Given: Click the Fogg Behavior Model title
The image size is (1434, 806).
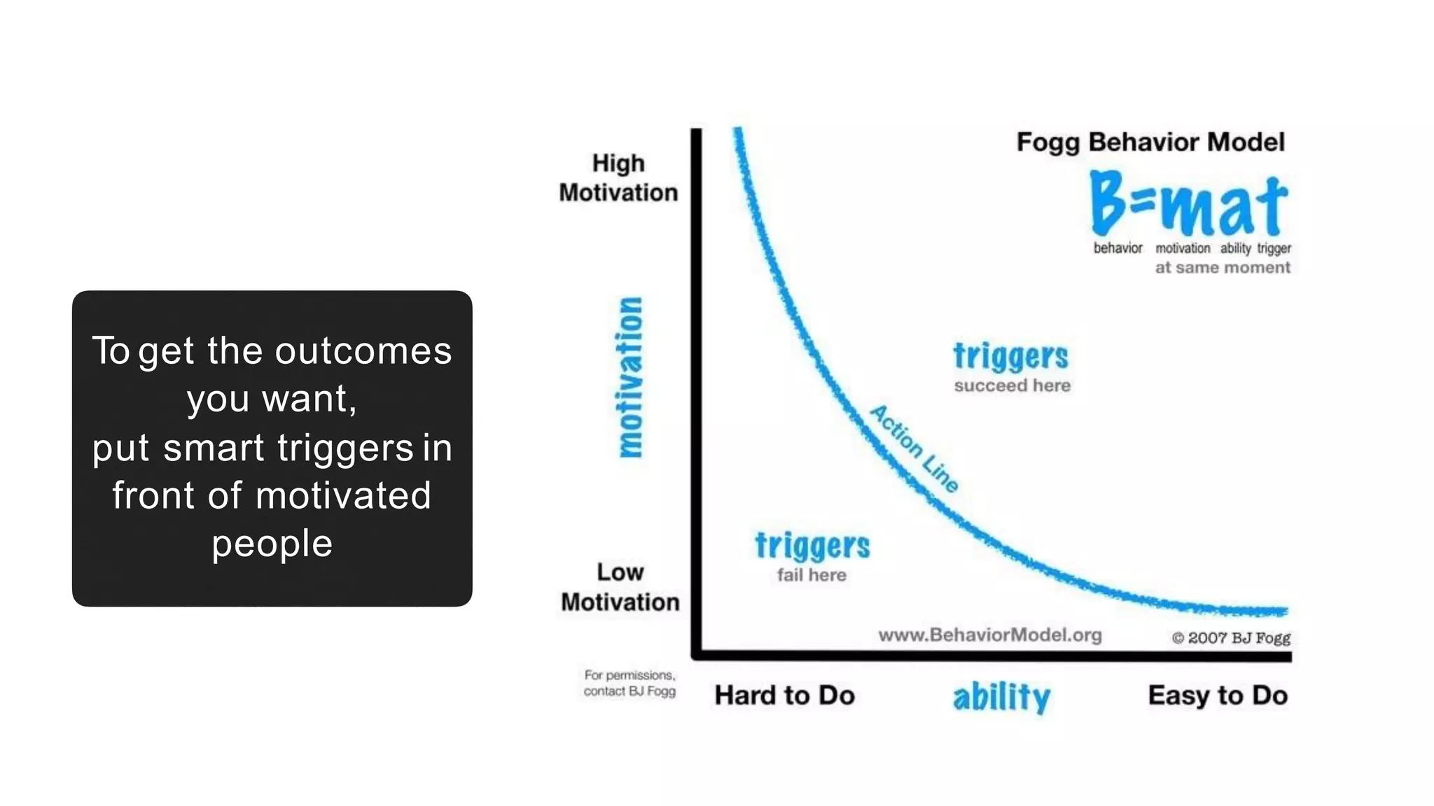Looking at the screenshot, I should (x=1150, y=142).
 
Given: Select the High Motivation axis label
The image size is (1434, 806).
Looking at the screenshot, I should (x=618, y=178).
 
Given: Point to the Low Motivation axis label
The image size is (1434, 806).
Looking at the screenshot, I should (x=620, y=587).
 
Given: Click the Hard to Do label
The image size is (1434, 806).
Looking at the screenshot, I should (x=784, y=695).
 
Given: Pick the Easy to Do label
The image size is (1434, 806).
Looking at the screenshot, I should (x=1218, y=695).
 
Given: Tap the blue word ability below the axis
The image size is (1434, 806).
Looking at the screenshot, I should (x=1001, y=697).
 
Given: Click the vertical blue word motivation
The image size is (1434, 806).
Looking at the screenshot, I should (x=630, y=377).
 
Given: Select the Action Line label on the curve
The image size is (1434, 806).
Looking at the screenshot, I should (x=914, y=448).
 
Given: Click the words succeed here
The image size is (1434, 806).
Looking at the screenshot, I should (x=1012, y=386).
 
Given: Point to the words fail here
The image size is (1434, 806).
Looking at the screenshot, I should (x=812, y=575).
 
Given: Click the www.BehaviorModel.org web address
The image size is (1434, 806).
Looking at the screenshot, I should (x=989, y=635).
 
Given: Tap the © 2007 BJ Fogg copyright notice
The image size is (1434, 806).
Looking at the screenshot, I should (x=1230, y=638).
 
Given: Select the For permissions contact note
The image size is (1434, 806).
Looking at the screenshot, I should (x=629, y=684).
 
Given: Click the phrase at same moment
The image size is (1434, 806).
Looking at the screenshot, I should (x=1222, y=267).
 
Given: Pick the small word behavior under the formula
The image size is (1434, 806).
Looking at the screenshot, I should (x=1118, y=248).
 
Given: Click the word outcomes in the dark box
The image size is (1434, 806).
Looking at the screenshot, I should (x=363, y=351).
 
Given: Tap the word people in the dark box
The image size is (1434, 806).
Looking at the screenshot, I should (x=272, y=544).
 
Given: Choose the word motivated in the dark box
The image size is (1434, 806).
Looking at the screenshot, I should (x=343, y=495).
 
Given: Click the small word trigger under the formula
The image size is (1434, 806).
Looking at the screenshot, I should (x=1274, y=248).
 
